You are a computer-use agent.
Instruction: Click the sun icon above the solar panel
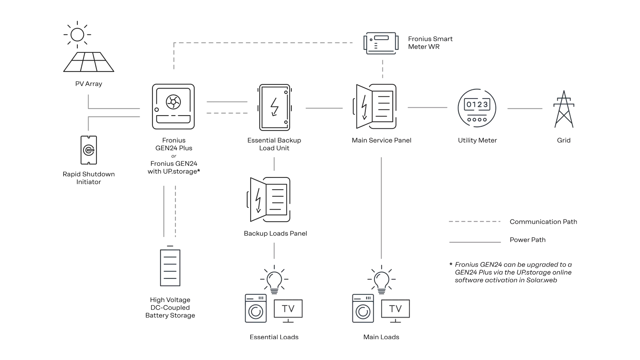78,34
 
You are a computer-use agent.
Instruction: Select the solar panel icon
90,62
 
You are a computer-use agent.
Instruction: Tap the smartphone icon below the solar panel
89,149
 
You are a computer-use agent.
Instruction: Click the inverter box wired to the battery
173,106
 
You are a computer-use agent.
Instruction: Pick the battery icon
171,267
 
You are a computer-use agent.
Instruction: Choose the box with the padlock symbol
274,108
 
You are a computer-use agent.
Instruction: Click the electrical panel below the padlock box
271,199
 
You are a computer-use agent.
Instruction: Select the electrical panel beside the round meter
377,106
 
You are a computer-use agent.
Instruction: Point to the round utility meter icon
477,108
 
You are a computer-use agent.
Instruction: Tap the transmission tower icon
564,110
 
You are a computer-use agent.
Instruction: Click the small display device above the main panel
381,42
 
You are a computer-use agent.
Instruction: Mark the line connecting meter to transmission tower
525,108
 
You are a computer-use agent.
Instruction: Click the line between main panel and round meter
427,108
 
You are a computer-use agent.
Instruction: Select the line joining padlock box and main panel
324,108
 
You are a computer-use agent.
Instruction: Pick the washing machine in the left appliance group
256,309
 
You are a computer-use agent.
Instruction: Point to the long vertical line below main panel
381,208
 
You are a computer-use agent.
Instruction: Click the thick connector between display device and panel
382,69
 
